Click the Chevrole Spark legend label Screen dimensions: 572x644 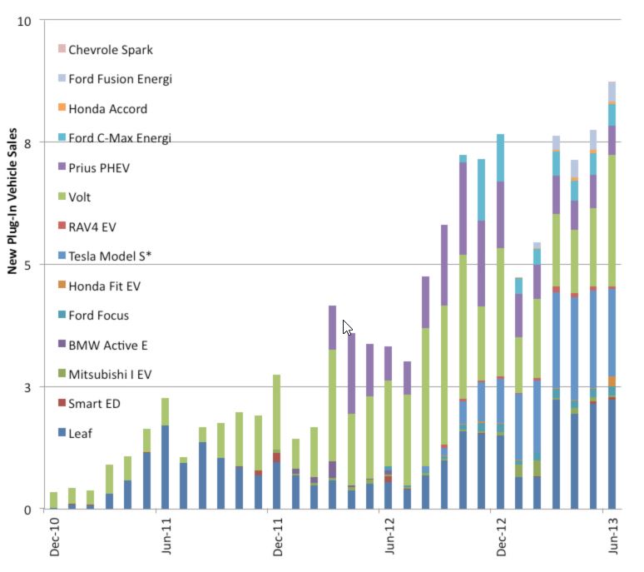tap(111, 50)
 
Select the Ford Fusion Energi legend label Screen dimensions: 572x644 tap(120, 79)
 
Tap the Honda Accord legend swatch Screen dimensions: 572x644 tap(62, 108)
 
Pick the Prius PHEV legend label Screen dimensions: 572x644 tap(99, 167)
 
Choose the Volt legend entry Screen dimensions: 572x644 tap(80, 197)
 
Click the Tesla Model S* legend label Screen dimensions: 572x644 tap(109, 256)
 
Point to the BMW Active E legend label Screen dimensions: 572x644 tap(108, 345)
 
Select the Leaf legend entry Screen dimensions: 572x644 tap(81, 433)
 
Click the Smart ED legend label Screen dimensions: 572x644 tap(95, 404)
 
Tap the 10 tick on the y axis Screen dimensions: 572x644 tap(24, 21)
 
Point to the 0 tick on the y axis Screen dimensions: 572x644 tap(27, 510)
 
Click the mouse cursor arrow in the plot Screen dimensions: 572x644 tap(348, 326)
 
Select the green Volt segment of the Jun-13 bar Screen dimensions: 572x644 tap(612, 221)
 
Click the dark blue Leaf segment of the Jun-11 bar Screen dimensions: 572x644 tap(165, 466)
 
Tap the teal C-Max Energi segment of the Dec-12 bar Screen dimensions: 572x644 tap(500, 157)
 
